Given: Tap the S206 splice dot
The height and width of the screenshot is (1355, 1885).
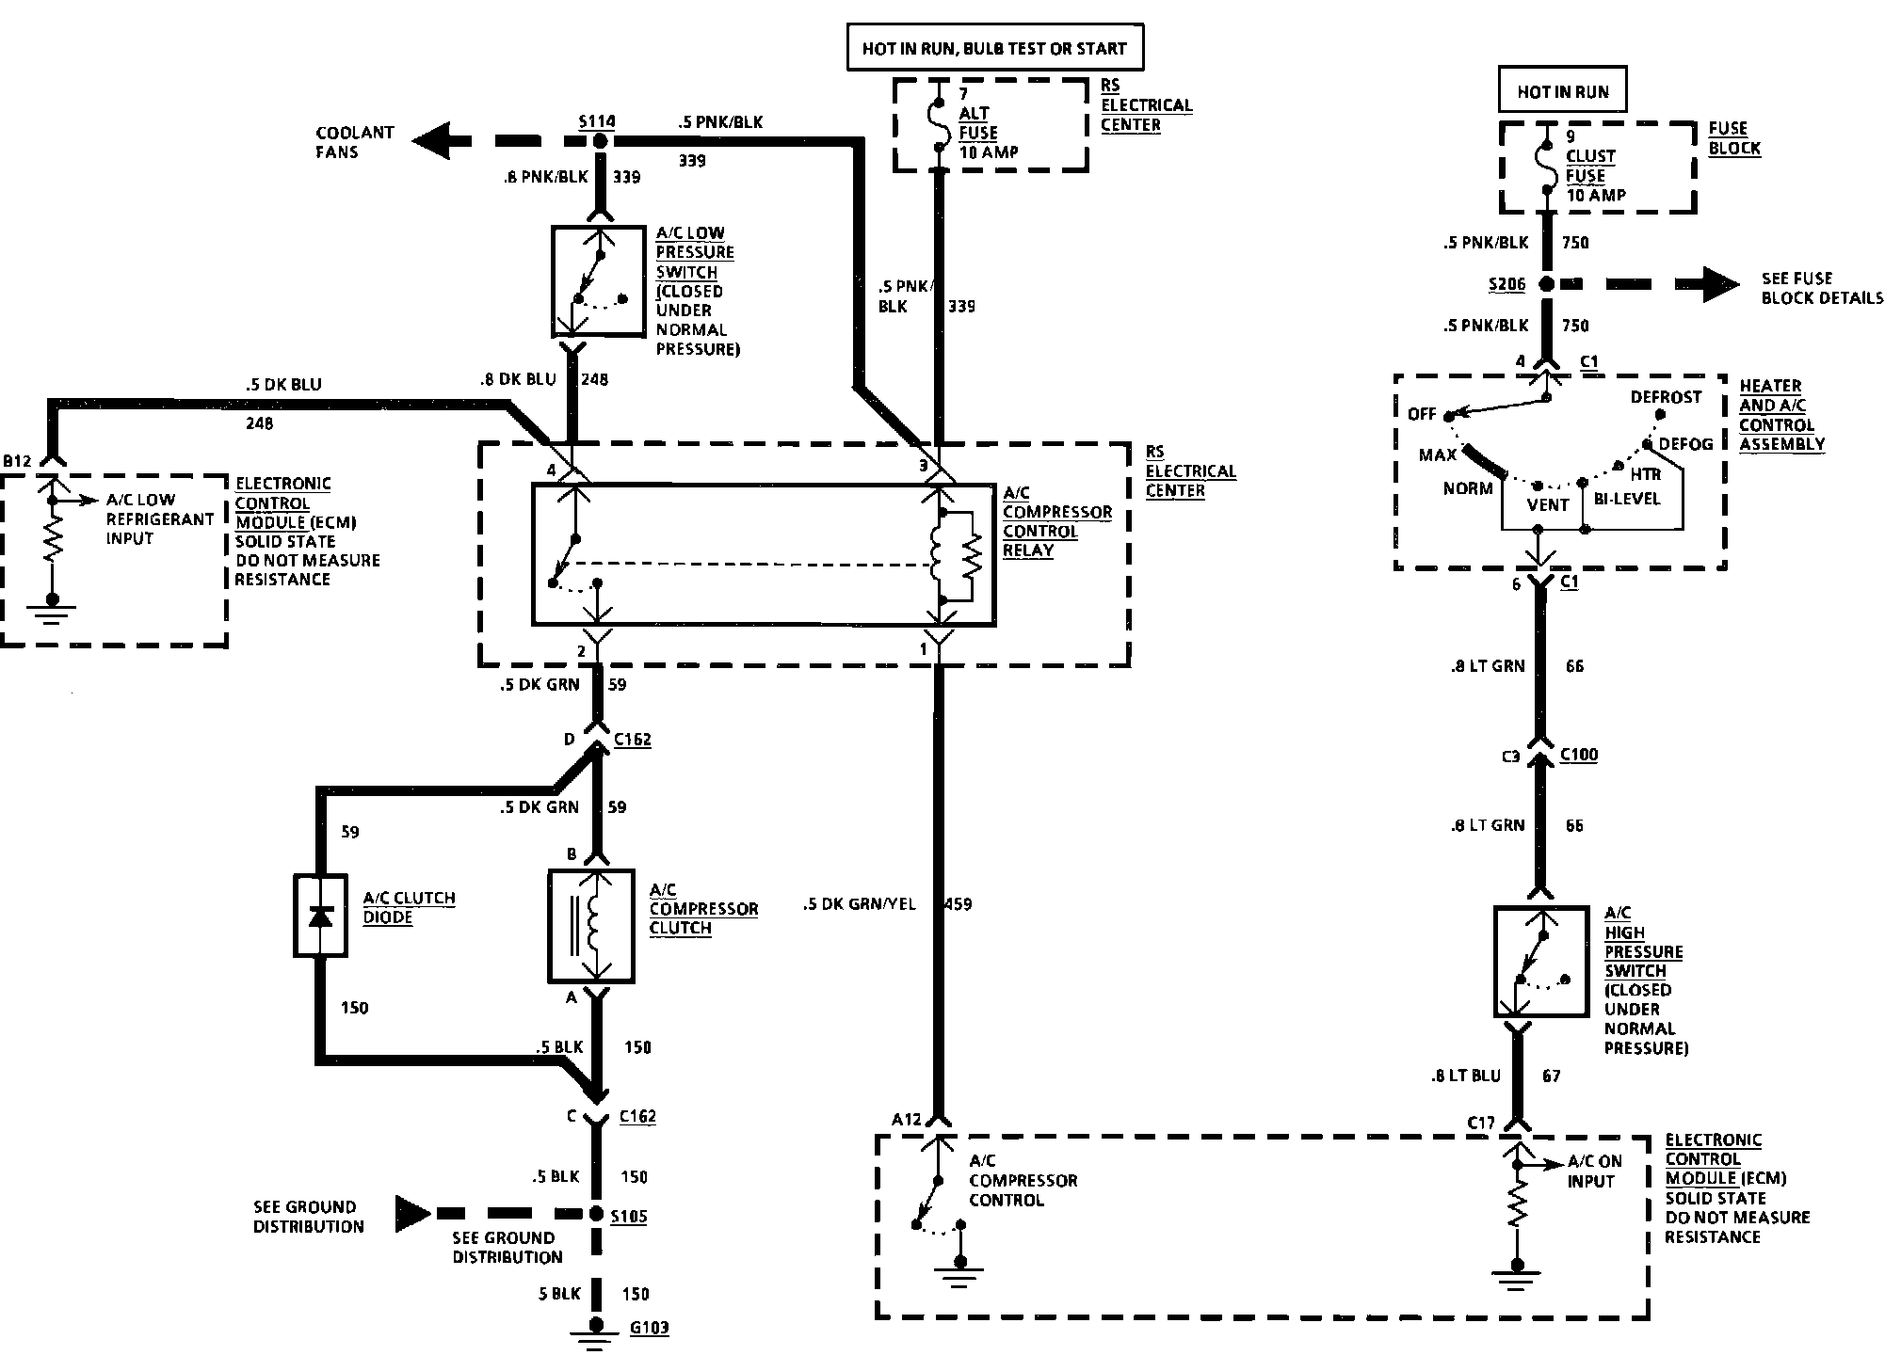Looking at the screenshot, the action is pos(1546,283).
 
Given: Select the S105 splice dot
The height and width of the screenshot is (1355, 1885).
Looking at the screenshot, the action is pos(595,1214).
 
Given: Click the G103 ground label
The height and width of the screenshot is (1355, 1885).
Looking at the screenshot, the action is pos(650,1329).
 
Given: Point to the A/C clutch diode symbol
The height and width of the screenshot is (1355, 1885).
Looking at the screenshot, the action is pos(320,916).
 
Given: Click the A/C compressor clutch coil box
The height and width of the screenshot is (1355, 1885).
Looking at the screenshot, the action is pos(591,926).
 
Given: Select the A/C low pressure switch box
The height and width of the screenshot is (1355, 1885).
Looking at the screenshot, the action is pos(598,280).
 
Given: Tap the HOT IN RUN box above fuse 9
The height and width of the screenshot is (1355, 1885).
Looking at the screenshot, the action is pos(1563,91).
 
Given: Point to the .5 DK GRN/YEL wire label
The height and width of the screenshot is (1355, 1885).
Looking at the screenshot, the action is pos(859,904).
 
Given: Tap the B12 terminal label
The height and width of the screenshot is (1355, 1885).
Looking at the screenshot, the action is pos(18,461).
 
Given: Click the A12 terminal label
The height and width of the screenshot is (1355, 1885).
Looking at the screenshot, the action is pos(907,1119).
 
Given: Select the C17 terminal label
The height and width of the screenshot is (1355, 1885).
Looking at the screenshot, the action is pos(1481,1123).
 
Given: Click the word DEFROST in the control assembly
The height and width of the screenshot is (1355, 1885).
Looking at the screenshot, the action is pos(1667,397).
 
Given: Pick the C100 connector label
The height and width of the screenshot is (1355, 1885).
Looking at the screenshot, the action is pos(1579,755).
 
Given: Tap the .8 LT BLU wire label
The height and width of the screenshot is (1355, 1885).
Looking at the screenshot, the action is pos(1465,1076).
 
